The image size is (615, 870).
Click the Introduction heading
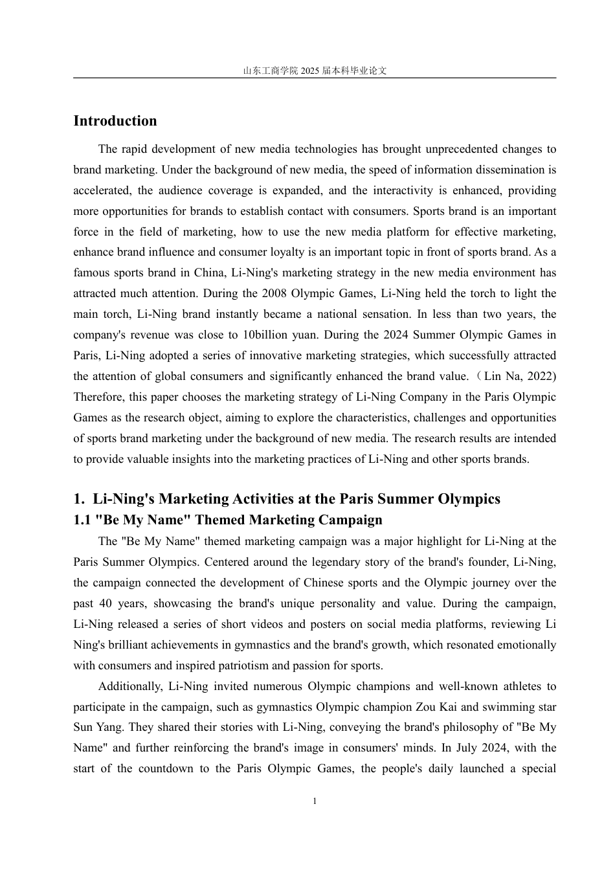(115, 121)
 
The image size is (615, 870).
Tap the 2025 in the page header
(310, 71)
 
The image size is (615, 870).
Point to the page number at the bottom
(315, 801)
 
